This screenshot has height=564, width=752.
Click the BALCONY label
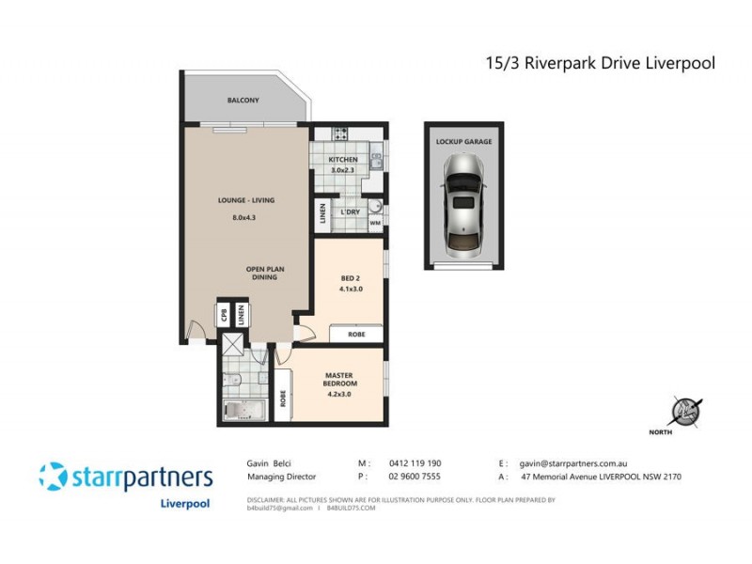pyautogui.click(x=243, y=101)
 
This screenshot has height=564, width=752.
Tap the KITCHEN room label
pyautogui.click(x=342, y=160)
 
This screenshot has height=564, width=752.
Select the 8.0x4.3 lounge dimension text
pyautogui.click(x=243, y=218)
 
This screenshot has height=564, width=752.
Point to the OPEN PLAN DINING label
pyautogui.click(x=265, y=274)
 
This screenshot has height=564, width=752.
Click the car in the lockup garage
pyautogui.click(x=462, y=206)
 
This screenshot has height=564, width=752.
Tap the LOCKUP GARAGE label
pyautogui.click(x=463, y=142)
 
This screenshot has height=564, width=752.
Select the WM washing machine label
pyautogui.click(x=374, y=224)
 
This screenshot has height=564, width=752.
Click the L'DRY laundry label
pyautogui.click(x=350, y=212)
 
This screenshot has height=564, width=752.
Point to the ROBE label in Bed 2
pyautogui.click(x=355, y=334)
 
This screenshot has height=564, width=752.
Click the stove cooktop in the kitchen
pyautogui.click(x=338, y=133)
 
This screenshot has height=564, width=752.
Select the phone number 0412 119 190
pyautogui.click(x=415, y=463)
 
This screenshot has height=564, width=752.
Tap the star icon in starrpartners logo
pyautogui.click(x=53, y=476)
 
